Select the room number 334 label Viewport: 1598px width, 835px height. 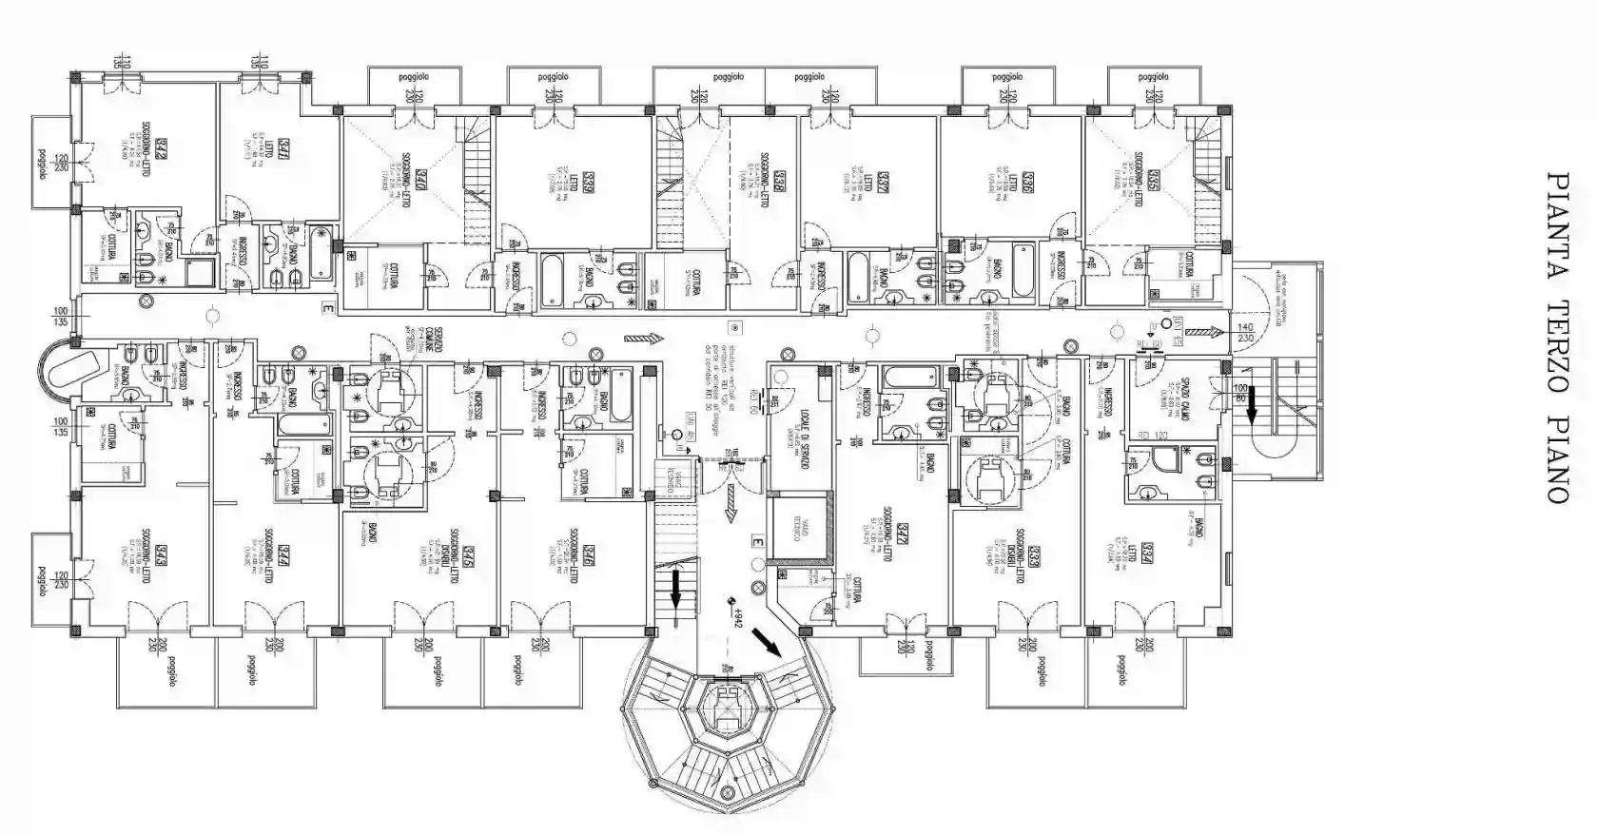point(1150,551)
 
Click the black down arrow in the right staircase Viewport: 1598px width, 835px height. point(1252,406)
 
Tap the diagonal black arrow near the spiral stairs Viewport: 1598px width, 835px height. point(767,643)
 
